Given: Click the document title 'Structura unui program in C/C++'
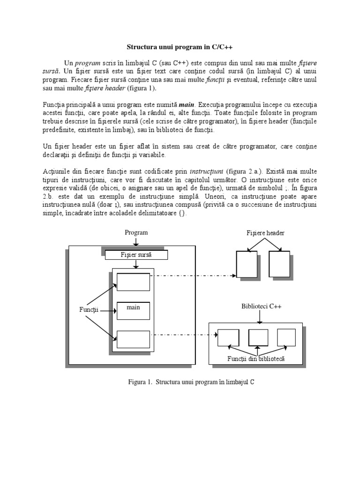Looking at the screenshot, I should point(180,47).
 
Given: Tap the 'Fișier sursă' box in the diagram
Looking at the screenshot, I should point(136,255).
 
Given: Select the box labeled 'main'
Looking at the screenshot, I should point(133,310).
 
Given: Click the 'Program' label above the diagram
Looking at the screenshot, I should point(136,232).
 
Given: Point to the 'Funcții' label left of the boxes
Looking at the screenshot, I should point(89,310).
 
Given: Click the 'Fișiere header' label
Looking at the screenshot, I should point(265,233).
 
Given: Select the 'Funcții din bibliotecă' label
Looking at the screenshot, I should point(256,359).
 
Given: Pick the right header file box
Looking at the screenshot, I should point(279,264).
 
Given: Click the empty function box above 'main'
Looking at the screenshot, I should point(133,282).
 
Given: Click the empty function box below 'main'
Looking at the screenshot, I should point(133,339).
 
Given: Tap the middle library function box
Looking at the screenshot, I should point(258,337).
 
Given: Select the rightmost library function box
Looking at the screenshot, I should point(286,337).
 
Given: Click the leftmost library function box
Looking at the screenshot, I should point(228,337).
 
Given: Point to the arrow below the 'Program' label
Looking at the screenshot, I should point(136,241).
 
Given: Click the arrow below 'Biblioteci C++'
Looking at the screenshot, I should point(259,317).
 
